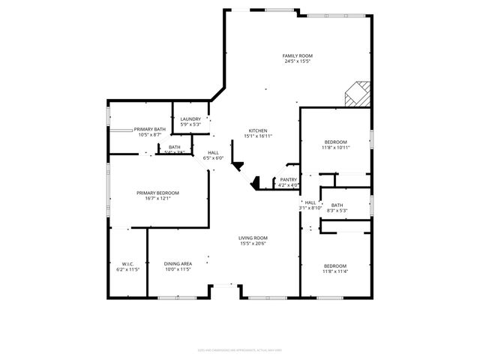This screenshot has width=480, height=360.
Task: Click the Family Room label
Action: click(297, 55)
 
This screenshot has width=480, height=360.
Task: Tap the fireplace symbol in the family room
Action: click(357, 95)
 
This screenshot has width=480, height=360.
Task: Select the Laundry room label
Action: click(190, 118)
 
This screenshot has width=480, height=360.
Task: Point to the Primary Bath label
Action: click(149, 129)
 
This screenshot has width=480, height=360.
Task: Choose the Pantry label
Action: click(289, 179)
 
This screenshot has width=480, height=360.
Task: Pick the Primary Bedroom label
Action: click(157, 193)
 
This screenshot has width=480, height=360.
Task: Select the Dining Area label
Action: click(178, 263)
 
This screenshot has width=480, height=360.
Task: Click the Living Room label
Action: click(253, 238)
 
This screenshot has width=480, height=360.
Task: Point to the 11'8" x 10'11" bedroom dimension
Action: click(335, 148)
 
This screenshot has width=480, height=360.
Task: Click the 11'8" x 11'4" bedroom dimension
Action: click(335, 272)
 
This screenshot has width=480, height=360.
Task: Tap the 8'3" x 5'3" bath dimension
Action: click(337, 211)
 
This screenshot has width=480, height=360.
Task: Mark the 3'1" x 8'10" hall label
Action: click(310, 208)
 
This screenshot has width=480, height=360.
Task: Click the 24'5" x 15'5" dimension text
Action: click(297, 61)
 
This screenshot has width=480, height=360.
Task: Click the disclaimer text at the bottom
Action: click(240, 349)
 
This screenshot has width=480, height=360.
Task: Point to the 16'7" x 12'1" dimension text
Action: click(157, 199)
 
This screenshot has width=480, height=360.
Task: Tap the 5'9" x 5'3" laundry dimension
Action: click(190, 124)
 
